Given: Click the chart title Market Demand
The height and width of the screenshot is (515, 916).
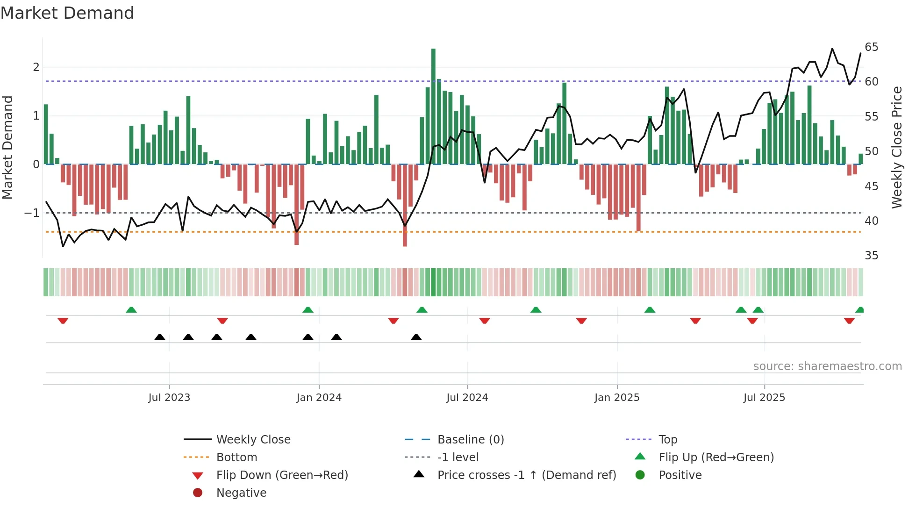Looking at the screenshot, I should pyautogui.click(x=67, y=13).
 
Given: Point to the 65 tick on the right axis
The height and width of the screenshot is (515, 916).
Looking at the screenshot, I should pyautogui.click(x=871, y=47).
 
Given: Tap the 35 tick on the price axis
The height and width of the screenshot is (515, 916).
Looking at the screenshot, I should pyautogui.click(x=871, y=256).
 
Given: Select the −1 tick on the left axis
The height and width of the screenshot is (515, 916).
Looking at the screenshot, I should pyautogui.click(x=32, y=213).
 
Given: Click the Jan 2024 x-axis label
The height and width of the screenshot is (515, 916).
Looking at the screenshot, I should pyautogui.click(x=319, y=398).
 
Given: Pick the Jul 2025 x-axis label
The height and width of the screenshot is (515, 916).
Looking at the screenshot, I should pyautogui.click(x=764, y=398).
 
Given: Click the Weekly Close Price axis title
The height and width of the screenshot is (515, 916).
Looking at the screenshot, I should pyautogui.click(x=896, y=147).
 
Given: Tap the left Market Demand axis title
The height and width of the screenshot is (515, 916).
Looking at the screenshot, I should pyautogui.click(x=7, y=147).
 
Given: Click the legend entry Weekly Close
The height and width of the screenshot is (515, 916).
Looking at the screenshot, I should pyautogui.click(x=253, y=440).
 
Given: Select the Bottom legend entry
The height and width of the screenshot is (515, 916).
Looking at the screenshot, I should pyautogui.click(x=236, y=458).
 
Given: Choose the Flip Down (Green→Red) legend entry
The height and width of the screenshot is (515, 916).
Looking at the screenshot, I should pyautogui.click(x=282, y=475).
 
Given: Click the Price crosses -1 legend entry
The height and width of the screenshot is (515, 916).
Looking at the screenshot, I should pyautogui.click(x=526, y=475).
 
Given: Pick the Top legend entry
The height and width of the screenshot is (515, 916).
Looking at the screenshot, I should pyautogui.click(x=667, y=440).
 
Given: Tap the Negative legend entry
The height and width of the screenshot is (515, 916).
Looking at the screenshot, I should pyautogui.click(x=241, y=493).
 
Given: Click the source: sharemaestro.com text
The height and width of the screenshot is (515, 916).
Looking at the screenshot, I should pyautogui.click(x=827, y=366).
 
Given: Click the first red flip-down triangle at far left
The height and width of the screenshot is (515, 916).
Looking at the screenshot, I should pyautogui.click(x=63, y=321).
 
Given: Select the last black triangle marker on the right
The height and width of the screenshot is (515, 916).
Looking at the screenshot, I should pyautogui.click(x=416, y=337).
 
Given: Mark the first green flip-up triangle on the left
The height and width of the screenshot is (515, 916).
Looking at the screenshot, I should pyautogui.click(x=131, y=310).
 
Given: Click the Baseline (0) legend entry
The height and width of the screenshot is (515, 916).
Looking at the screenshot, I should pyautogui.click(x=470, y=440).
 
